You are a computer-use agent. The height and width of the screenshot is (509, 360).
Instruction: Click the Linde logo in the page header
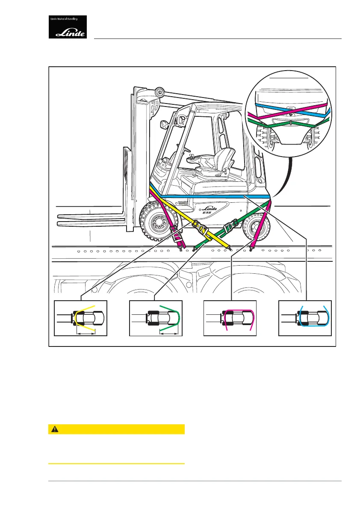tap(68, 27)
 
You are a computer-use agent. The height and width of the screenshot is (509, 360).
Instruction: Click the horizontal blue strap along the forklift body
tap(214, 196)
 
